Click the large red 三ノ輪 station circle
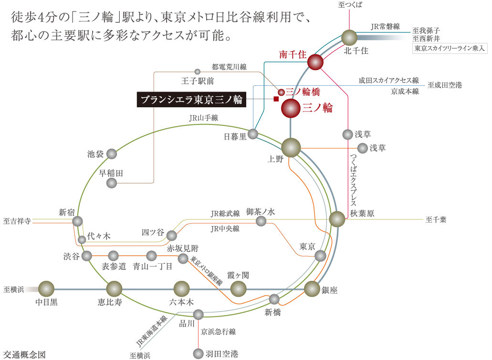[x=291, y=109]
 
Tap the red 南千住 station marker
[x=315, y=62]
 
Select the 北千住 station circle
[x=349, y=38]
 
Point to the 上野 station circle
[x=291, y=147]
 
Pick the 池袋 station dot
[x=112, y=154]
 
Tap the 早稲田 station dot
[x=112, y=183]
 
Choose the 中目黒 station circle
[x=46, y=288]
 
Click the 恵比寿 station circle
[x=114, y=288]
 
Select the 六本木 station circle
[x=181, y=288]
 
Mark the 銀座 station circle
[x=312, y=288]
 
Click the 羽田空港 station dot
[x=198, y=353]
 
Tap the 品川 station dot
[x=198, y=314]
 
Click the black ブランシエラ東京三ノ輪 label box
[x=191, y=100]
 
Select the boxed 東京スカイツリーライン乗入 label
[x=450, y=49]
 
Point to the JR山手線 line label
[x=203, y=118]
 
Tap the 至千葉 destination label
[x=436, y=220]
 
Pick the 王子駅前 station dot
[x=197, y=72]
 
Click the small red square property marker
[x=276, y=99]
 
